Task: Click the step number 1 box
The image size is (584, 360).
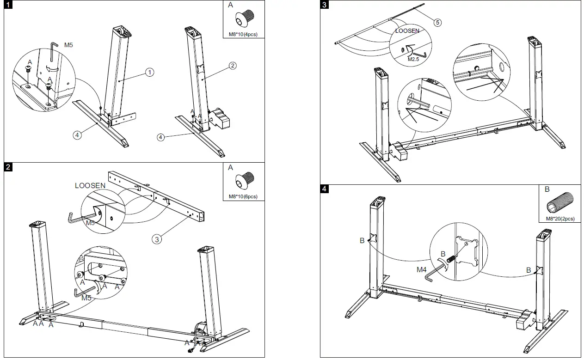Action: (8, 5)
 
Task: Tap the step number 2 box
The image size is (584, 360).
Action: (8, 167)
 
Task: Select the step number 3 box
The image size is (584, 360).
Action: (324, 5)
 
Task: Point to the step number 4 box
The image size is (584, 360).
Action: (324, 189)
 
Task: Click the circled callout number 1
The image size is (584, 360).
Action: (149, 72)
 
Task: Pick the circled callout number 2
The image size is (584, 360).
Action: (233, 66)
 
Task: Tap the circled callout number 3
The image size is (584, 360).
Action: (157, 239)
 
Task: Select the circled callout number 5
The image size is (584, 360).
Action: (437, 23)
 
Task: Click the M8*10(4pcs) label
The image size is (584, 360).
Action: (243, 34)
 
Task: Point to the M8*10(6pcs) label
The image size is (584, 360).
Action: (243, 197)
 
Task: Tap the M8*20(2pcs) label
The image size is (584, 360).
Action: (560, 219)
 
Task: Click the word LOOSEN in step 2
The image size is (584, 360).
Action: (90, 185)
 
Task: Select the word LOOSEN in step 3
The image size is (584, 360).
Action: (407, 31)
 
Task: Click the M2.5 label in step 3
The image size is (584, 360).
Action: (413, 60)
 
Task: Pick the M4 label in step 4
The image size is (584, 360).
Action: (421, 269)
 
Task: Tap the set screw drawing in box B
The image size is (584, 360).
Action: (560, 202)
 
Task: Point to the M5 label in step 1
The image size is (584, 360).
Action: (68, 45)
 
